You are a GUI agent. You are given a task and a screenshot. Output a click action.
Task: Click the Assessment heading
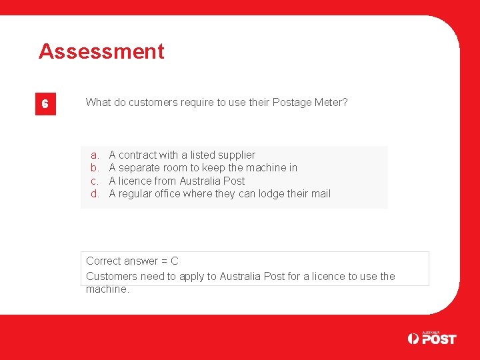point(101,51)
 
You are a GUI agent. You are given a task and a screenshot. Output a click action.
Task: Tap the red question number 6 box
point(45,104)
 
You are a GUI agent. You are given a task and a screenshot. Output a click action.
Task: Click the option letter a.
point(94,155)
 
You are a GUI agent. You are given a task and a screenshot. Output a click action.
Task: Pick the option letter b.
point(94,168)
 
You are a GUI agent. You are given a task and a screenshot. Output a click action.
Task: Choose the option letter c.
point(94,181)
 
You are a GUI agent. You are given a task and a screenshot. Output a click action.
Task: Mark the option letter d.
point(94,194)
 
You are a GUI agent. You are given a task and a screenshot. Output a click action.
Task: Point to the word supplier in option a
point(236,155)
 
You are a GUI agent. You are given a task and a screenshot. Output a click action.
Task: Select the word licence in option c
point(136,181)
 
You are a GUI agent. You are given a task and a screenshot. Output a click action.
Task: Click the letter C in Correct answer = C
point(174,261)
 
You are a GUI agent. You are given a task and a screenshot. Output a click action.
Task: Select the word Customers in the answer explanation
point(111,276)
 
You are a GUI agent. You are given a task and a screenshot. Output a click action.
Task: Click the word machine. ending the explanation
point(107,289)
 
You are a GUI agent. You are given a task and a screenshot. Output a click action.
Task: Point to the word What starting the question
point(98,102)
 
